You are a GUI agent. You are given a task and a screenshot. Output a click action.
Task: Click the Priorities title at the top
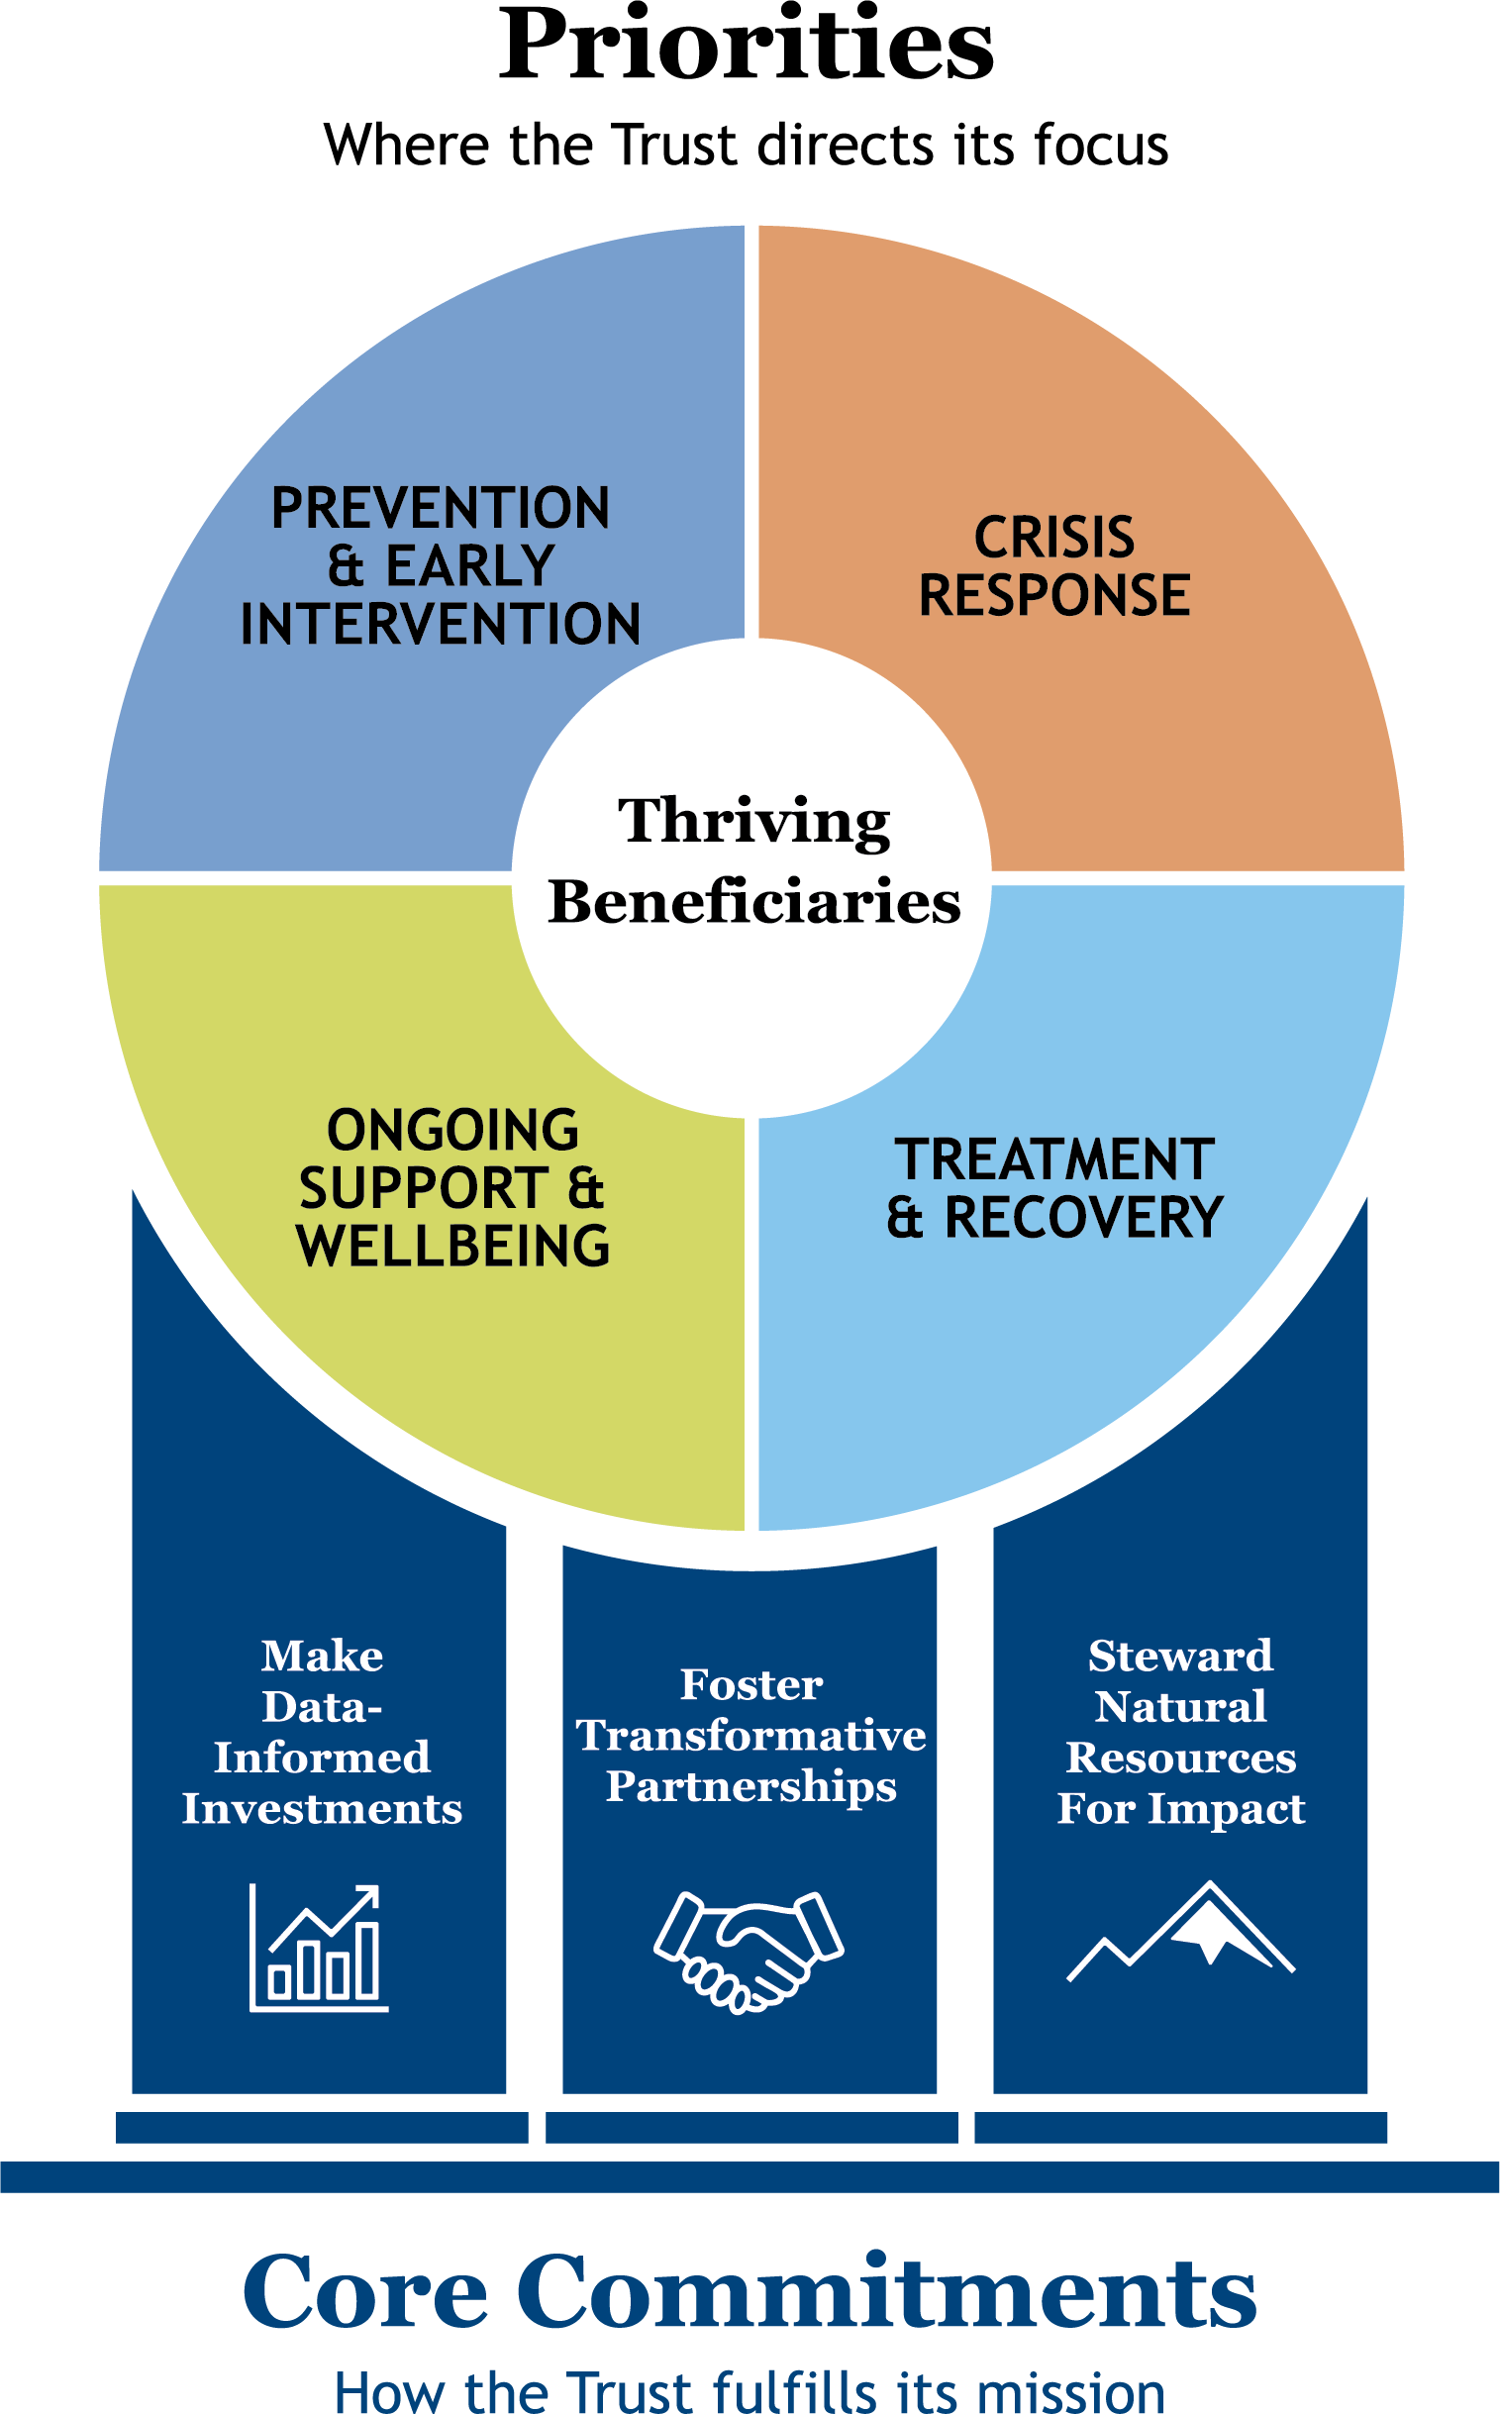746,48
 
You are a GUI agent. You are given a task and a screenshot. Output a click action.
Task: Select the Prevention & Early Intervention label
441,565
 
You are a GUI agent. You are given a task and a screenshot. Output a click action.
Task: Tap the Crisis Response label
1053,565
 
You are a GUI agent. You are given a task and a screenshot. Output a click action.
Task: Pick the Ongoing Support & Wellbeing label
452,1187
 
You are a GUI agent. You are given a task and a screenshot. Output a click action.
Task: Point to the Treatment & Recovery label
1053,1187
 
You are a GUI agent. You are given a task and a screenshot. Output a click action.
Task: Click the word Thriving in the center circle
754,822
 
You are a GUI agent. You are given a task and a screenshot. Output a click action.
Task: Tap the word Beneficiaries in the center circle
754,902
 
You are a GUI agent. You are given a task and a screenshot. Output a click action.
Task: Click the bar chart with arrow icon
319,1948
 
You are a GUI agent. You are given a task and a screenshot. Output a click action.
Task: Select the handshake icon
749,1950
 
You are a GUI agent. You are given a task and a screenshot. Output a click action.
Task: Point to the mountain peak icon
1180,1932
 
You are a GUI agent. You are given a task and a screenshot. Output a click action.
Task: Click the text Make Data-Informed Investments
322,1732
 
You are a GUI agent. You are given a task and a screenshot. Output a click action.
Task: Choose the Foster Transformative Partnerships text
751,1735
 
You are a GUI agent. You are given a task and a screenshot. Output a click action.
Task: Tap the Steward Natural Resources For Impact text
1180,1732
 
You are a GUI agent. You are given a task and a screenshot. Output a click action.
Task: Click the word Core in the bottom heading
365,2292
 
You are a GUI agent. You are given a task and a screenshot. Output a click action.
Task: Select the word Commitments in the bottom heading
886,2292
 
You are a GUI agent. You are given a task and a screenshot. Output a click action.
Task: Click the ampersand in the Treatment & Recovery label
904,1218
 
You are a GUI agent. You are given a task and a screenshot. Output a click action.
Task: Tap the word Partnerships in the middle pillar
751,1786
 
